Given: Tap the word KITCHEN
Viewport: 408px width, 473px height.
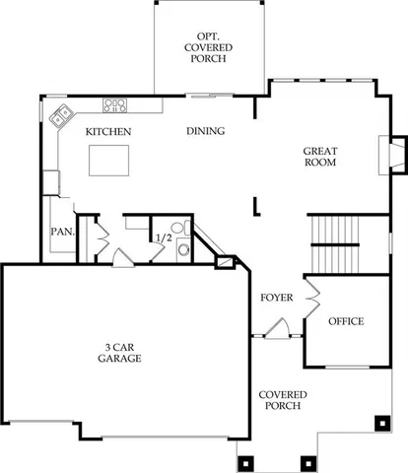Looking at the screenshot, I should [108, 131].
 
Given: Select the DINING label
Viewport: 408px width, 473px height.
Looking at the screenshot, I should [205, 131].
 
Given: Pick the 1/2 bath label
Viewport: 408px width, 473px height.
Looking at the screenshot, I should [163, 237].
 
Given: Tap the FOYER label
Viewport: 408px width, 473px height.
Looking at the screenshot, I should [277, 297].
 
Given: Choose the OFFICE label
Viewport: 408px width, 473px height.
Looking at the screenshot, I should [346, 321].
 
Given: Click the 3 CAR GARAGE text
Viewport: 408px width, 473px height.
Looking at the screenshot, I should [120, 353].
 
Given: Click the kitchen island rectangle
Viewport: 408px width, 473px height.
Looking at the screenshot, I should [110, 160].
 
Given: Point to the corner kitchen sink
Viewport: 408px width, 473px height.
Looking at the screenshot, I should [61, 114].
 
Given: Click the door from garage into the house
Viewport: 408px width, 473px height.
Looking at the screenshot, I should [122, 257].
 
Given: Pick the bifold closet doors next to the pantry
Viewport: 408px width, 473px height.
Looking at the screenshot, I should [100, 236].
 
